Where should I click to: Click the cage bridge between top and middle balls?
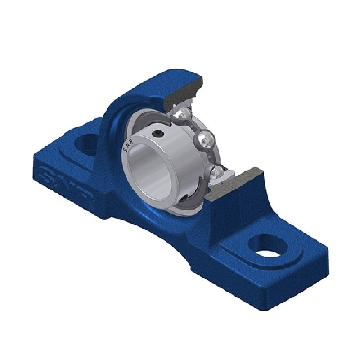(x=195, y=126)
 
